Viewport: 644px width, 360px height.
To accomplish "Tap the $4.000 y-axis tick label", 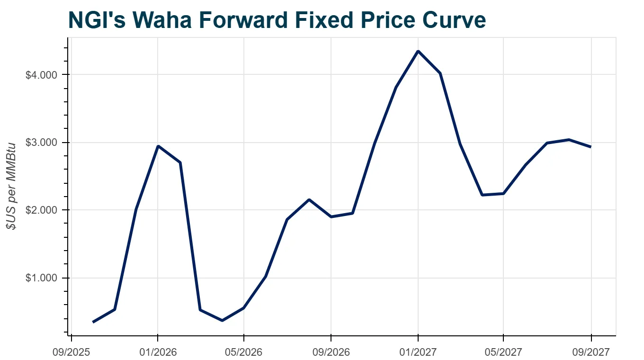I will (x=41, y=75).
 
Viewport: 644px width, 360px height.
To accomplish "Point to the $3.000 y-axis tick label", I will (x=41, y=143).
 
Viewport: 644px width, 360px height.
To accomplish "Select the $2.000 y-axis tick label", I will (x=41, y=210).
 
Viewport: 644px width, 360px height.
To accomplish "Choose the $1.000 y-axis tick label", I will (x=41, y=278).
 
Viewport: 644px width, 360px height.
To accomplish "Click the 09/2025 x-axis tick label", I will (x=72, y=352).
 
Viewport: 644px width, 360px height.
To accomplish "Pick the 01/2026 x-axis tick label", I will (x=158, y=352).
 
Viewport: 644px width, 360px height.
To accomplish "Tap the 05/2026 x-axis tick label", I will (x=244, y=352).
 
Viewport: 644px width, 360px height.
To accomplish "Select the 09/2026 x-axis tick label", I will (x=331, y=352).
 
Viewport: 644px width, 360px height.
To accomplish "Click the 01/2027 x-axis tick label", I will (x=418, y=352).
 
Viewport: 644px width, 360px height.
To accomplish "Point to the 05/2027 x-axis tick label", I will (x=503, y=352).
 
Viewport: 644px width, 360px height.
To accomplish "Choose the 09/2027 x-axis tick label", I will (x=591, y=352).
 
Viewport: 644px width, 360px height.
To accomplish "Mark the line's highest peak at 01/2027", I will (x=418, y=51).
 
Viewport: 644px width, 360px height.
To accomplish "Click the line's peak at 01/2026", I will (x=158, y=146).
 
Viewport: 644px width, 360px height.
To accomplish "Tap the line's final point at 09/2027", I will (x=590, y=147).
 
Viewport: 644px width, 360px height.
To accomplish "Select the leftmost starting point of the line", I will (x=93, y=322).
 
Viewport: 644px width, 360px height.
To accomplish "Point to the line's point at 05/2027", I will (x=503, y=193).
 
